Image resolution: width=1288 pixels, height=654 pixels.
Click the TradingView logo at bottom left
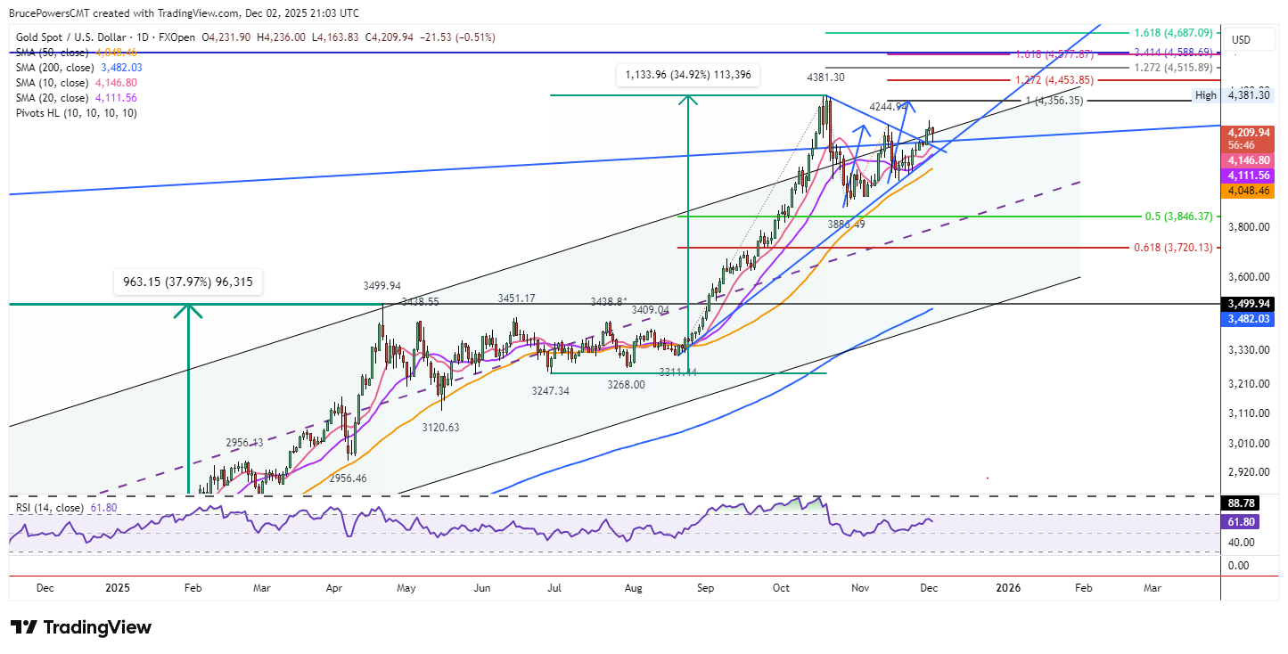click(x=81, y=627)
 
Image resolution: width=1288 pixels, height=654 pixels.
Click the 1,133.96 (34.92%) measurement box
click(x=687, y=76)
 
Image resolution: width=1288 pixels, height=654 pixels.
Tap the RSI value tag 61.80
click(x=1240, y=521)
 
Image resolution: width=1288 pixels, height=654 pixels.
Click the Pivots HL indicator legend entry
click(x=77, y=113)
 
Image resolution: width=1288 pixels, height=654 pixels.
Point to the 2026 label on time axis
click(x=1008, y=588)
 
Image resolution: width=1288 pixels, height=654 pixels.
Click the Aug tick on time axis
click(x=634, y=588)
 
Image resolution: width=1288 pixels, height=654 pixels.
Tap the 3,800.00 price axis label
click(x=1248, y=227)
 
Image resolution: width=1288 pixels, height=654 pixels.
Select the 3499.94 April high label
click(x=381, y=286)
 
